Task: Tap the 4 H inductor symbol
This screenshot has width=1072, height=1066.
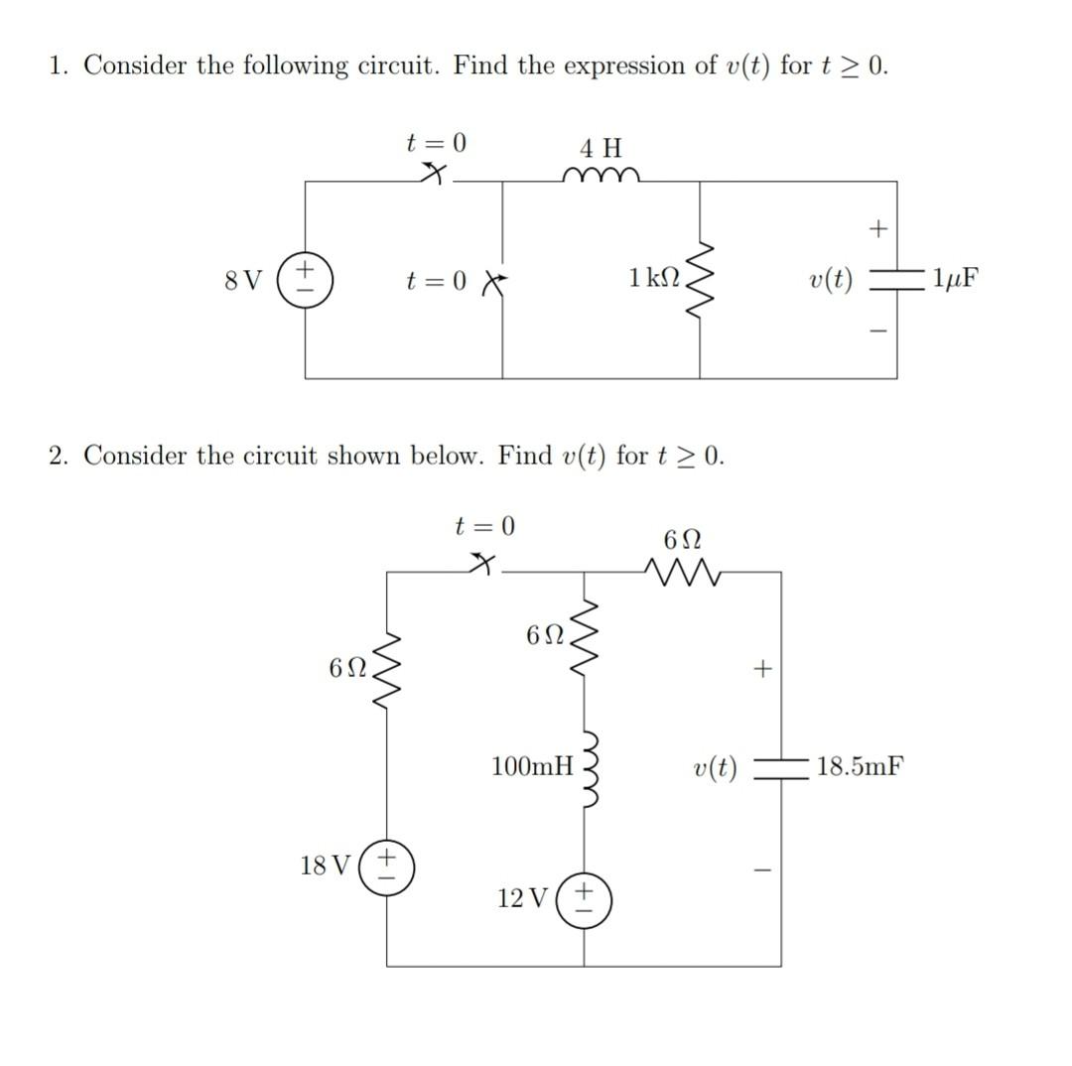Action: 601,178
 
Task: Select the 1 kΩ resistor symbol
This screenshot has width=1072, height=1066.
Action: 702,279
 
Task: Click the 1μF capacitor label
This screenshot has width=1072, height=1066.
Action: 955,279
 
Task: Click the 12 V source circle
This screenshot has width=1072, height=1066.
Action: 585,898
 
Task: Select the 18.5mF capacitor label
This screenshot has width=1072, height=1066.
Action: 860,766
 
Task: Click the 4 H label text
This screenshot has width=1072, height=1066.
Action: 601,149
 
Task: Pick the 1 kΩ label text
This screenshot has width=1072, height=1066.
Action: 654,279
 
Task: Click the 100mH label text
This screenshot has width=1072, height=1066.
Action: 533,766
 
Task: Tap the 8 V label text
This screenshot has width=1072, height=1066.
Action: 244,280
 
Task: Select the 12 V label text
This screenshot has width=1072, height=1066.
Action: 522,899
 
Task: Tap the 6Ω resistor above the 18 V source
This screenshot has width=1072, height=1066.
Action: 388,667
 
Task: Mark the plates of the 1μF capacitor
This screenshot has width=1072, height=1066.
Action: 897,280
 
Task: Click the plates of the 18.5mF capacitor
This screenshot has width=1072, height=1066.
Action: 781,767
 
